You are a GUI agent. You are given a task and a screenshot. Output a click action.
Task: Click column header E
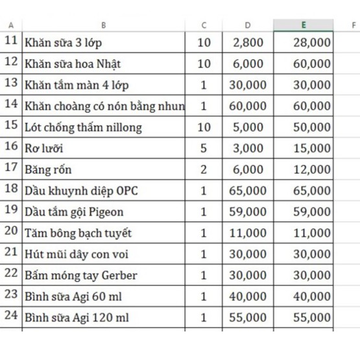coord(303,25)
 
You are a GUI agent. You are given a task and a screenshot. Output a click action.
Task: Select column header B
coord(104,25)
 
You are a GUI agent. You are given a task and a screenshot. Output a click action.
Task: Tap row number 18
coord(11,189)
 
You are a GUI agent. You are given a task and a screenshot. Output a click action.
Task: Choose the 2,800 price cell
coord(248,43)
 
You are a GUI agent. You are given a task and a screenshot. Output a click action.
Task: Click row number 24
coord(11,317)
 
